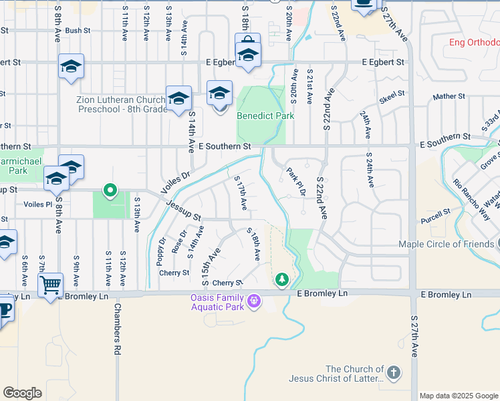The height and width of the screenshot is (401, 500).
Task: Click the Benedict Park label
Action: pyautogui.click(x=265, y=116)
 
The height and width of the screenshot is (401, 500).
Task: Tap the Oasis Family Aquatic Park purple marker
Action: pyautogui.click(x=253, y=303)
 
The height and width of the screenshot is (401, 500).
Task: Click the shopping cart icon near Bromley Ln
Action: pyautogui.click(x=50, y=287)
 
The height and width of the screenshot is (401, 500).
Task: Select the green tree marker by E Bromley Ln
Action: pyautogui.click(x=282, y=278)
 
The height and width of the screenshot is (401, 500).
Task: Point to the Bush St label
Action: pyautogui.click(x=78, y=31)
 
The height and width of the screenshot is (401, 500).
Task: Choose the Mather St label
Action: pyautogui.click(x=449, y=97)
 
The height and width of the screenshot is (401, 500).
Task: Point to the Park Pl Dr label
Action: pyautogui.click(x=296, y=180)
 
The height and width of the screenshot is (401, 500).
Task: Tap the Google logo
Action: pyautogui.click(x=22, y=393)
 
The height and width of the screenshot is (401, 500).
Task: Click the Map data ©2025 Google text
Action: pyautogui.click(x=459, y=396)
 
